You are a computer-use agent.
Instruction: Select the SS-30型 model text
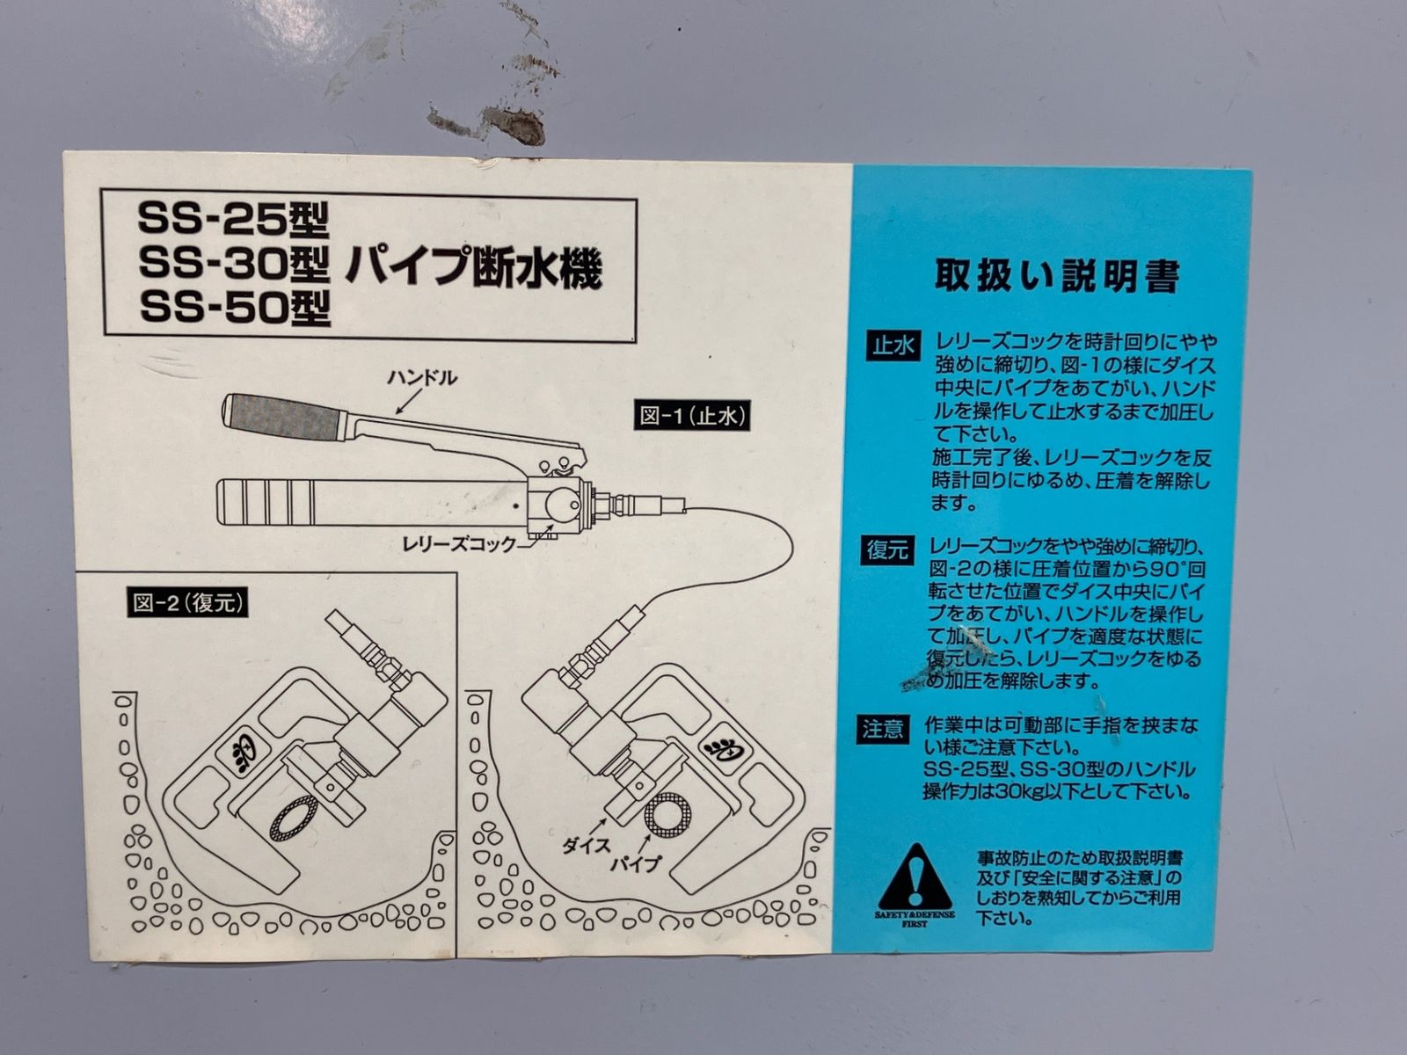[x=233, y=264]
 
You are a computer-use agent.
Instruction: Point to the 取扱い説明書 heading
[x=1055, y=276]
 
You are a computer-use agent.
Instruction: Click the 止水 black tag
[x=893, y=345]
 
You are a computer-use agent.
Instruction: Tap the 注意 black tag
[x=883, y=729]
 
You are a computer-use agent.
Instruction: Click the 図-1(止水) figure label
[x=694, y=416]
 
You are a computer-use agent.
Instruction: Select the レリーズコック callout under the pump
[x=457, y=545]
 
